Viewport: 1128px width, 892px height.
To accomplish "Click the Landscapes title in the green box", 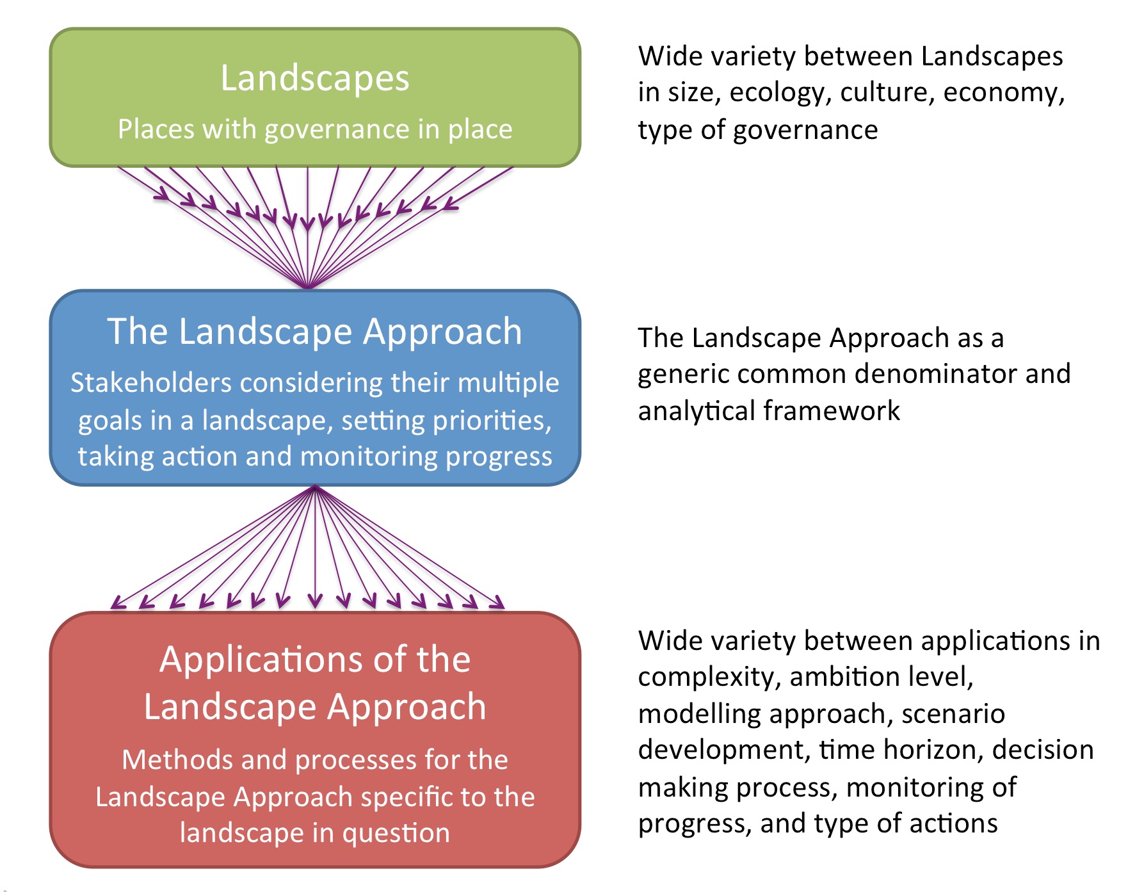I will click(314, 78).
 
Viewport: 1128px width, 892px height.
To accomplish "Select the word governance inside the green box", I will click(337, 130).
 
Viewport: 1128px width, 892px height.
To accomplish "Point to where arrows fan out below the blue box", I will click(314, 488).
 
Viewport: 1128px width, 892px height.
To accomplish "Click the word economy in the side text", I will click(1003, 93).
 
